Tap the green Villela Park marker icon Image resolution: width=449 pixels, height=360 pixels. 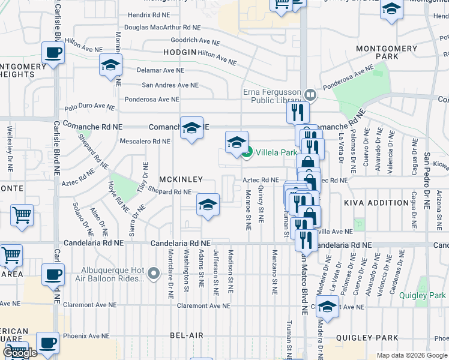pyautogui.click(x=247, y=153)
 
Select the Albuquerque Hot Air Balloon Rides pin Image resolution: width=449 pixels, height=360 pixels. pyautogui.click(x=154, y=275)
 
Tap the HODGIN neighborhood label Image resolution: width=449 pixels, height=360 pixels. pyautogui.click(x=179, y=52)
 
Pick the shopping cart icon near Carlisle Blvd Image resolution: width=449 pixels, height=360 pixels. pyautogui.click(x=22, y=214)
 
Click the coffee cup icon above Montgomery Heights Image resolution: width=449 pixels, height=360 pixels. pyautogui.click(x=53, y=53)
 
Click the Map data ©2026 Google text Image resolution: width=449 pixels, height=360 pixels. pyautogui.click(x=412, y=355)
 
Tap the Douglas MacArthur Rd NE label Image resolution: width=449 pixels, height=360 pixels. pyautogui.click(x=162, y=28)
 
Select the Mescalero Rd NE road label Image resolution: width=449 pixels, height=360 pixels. pyautogui.click(x=145, y=142)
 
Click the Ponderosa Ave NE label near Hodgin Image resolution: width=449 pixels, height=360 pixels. pyautogui.click(x=151, y=100)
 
